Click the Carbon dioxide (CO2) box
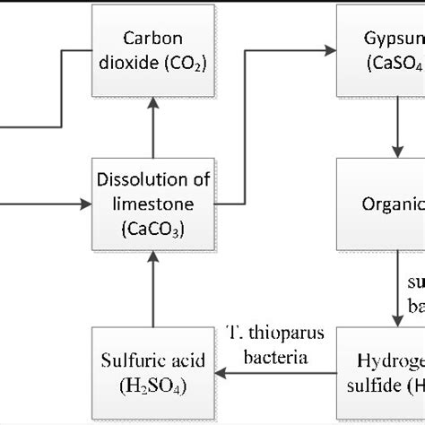coord(153,50)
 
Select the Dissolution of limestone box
coord(153,204)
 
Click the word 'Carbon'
coord(153,39)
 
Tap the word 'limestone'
coord(153,204)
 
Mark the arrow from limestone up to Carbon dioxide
coord(153,126)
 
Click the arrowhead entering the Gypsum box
coord(330,50)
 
